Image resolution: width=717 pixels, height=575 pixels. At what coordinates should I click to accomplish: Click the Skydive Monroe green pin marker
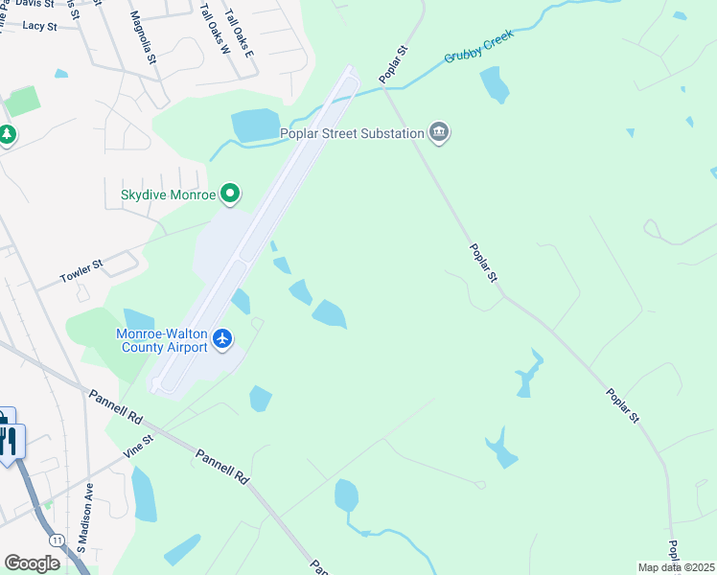(x=230, y=195)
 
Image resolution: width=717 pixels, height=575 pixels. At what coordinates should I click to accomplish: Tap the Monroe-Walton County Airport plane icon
(x=223, y=338)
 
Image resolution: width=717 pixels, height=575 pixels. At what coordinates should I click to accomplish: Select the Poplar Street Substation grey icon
(x=439, y=132)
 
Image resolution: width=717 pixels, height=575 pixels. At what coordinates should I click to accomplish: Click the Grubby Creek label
(x=479, y=46)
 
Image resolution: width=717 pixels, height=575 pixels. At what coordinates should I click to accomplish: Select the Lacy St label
(x=39, y=26)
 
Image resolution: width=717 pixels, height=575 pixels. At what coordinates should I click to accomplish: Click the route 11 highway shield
(x=58, y=540)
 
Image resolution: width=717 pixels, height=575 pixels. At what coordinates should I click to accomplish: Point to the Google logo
(x=32, y=563)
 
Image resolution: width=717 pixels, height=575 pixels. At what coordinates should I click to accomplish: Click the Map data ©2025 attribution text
(x=676, y=567)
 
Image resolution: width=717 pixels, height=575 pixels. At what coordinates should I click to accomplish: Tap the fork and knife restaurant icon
(x=11, y=440)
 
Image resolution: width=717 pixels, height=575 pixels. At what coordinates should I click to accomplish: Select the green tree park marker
(x=7, y=135)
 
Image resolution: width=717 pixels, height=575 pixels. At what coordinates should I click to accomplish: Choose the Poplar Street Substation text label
(x=351, y=133)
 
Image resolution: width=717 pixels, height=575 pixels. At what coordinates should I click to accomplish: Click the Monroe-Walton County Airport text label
(x=163, y=340)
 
